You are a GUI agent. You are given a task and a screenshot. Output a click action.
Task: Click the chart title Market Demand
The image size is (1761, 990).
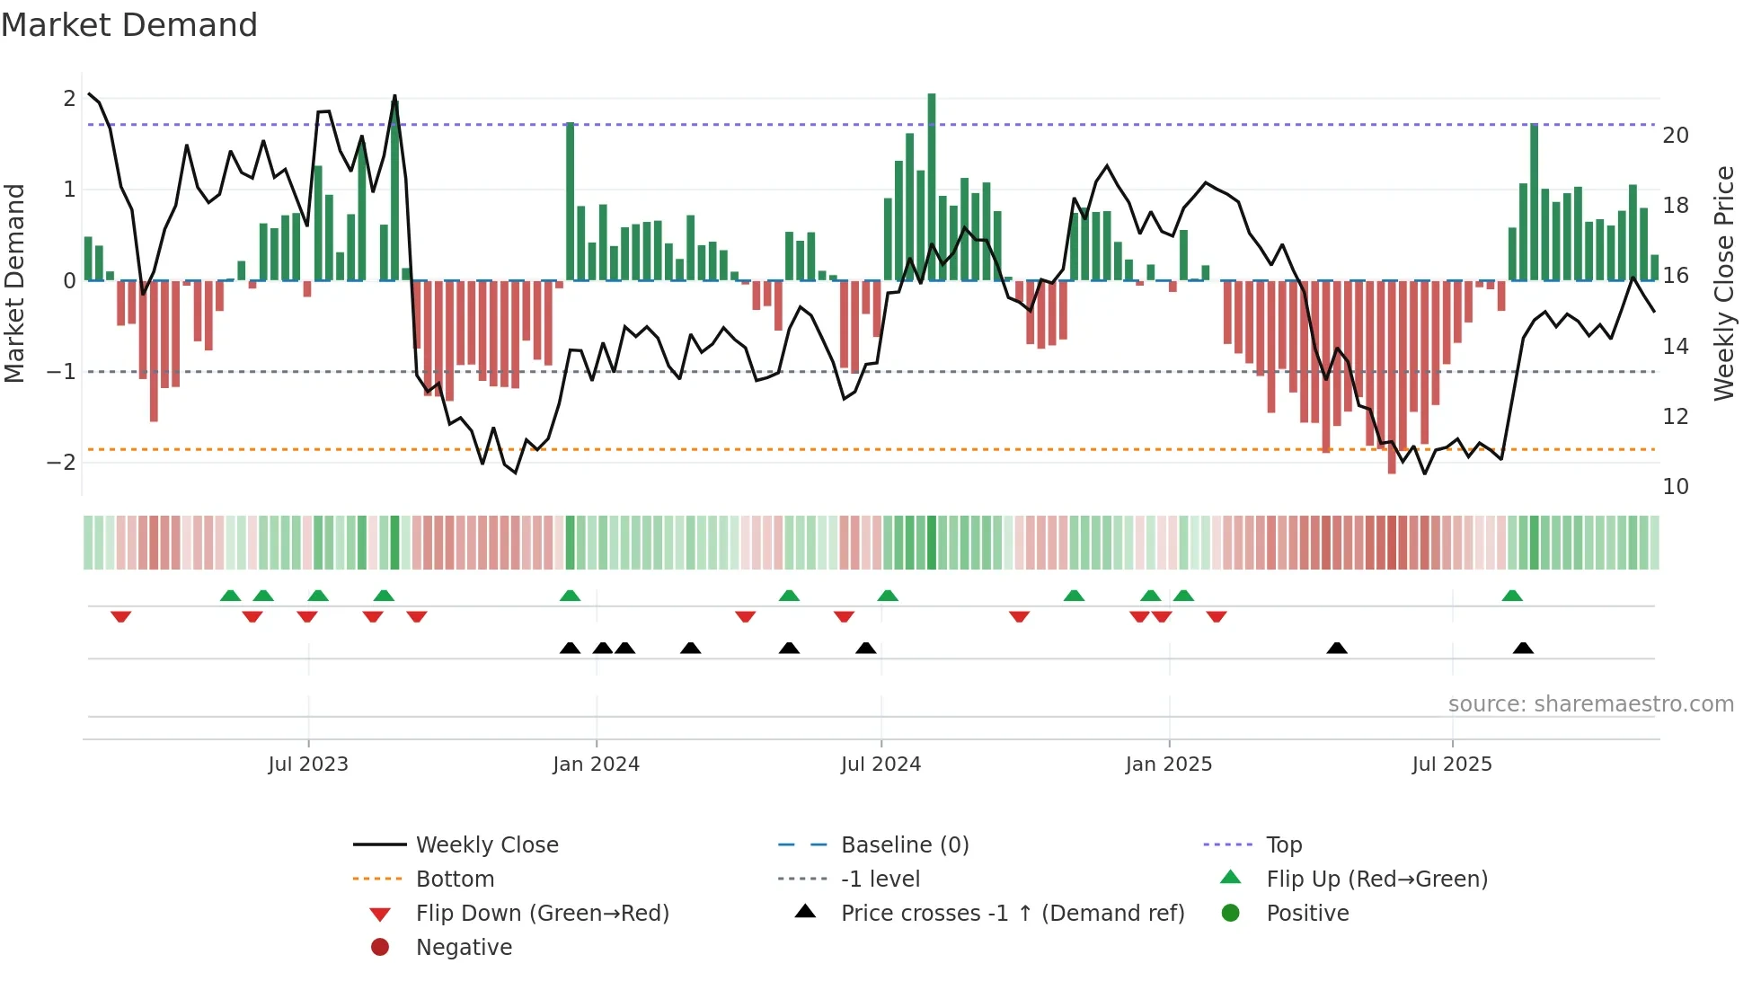coord(129,25)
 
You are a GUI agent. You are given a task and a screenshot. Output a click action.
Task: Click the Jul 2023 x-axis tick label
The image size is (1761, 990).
coord(307,765)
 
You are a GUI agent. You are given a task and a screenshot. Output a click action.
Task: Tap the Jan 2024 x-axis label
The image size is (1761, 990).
coord(596,765)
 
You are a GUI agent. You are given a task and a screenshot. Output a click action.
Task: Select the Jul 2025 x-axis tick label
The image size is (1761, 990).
coord(1451,765)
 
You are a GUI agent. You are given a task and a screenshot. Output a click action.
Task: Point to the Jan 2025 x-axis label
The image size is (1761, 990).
coord(1168,765)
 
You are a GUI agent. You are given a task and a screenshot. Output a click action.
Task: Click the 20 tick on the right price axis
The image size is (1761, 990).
coord(1676,136)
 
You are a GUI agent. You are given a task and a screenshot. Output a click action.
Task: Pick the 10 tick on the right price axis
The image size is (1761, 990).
coord(1676,487)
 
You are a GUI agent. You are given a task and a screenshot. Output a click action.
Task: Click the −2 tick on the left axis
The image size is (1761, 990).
coord(61,463)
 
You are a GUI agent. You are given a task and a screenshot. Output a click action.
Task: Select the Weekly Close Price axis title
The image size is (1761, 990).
coord(1723,283)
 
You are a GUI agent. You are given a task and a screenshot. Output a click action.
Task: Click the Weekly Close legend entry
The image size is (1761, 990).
coord(486,845)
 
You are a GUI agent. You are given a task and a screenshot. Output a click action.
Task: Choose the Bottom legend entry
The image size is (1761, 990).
coord(455,880)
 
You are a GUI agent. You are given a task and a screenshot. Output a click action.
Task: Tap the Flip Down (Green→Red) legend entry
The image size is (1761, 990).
coord(542,914)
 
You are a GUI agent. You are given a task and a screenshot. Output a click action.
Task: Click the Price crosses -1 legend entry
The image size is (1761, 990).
coord(1012,914)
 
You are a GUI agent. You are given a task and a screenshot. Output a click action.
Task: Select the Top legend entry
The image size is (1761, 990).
coord(1283,845)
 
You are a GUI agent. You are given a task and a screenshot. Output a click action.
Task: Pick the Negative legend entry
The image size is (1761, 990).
coord(464,948)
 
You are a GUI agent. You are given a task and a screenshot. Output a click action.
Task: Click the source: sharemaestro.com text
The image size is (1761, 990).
coord(1590,704)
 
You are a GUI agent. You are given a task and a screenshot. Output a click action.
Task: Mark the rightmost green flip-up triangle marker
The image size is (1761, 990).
coord(1512,596)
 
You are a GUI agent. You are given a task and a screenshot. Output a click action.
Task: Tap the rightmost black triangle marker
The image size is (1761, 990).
coord(1523,648)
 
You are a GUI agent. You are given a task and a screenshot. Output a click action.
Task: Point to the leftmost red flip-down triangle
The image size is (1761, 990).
coord(121,616)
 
